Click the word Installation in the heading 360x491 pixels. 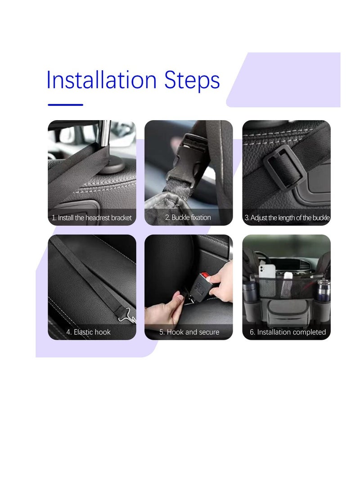coord(102,80)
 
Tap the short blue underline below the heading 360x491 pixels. coord(66,105)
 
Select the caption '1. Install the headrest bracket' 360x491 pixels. coord(92,218)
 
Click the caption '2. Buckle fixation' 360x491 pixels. coord(188,217)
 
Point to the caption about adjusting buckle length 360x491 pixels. coord(287,218)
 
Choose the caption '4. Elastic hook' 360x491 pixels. coord(89,332)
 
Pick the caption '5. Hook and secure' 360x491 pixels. coord(189,332)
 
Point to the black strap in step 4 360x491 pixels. coord(85,275)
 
